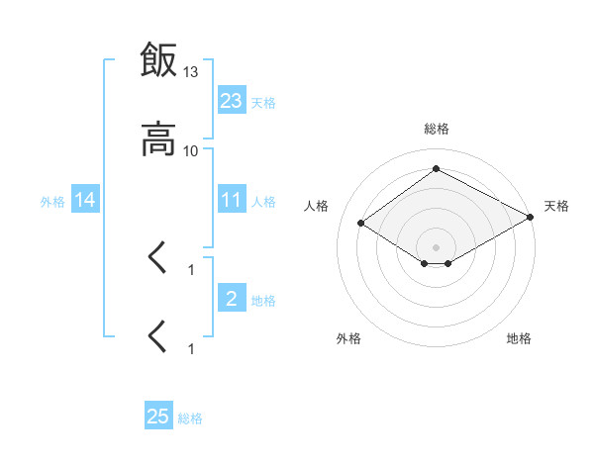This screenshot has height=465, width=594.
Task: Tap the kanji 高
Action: (x=158, y=139)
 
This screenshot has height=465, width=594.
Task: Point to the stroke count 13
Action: (x=191, y=72)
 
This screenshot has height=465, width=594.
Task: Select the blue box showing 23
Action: (x=232, y=101)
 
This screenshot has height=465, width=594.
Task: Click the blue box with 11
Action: (x=232, y=200)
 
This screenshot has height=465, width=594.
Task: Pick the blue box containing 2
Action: (x=232, y=299)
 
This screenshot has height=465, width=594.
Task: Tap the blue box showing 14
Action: (x=85, y=200)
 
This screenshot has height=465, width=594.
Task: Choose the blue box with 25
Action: (x=158, y=417)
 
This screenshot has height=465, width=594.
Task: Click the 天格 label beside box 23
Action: (x=263, y=102)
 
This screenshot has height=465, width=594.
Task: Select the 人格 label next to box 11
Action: (x=263, y=201)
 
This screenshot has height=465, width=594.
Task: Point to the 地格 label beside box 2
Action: (x=263, y=300)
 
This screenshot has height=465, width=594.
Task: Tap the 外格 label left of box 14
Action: (x=52, y=201)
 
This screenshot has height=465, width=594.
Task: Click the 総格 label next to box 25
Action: (x=190, y=418)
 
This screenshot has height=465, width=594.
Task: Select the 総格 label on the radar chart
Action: (x=436, y=129)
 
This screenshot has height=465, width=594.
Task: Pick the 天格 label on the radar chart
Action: (x=556, y=206)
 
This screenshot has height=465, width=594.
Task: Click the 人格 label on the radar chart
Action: (x=317, y=206)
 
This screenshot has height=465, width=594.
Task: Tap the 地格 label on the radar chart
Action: (x=519, y=338)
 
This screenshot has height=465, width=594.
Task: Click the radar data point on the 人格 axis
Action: (x=361, y=224)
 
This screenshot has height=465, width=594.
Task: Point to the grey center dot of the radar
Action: (x=436, y=246)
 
